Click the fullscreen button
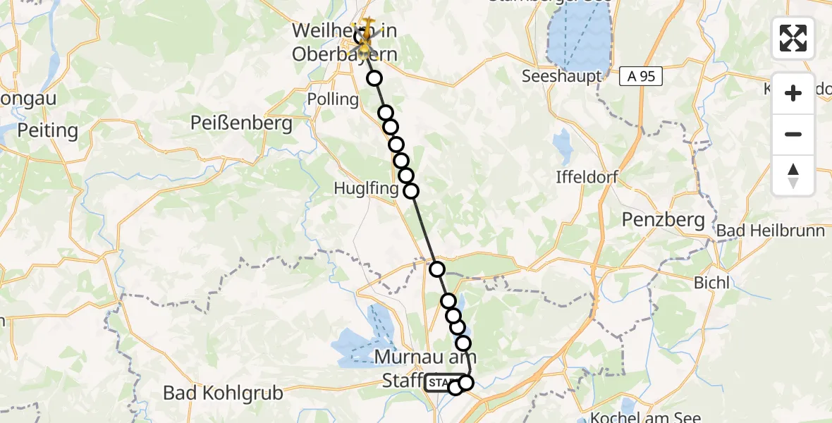pos(793,38)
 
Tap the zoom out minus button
pos(793,134)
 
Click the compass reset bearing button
pos(793,176)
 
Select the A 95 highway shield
pos(641,77)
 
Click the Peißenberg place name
pos(241,124)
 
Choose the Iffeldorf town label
pos(587,177)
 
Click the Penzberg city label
pos(663,220)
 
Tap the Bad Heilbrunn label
pos(771,231)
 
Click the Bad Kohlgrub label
pos(223,393)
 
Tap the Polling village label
pos(334,99)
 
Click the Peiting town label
pos(47,130)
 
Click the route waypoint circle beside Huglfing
pos(410,190)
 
